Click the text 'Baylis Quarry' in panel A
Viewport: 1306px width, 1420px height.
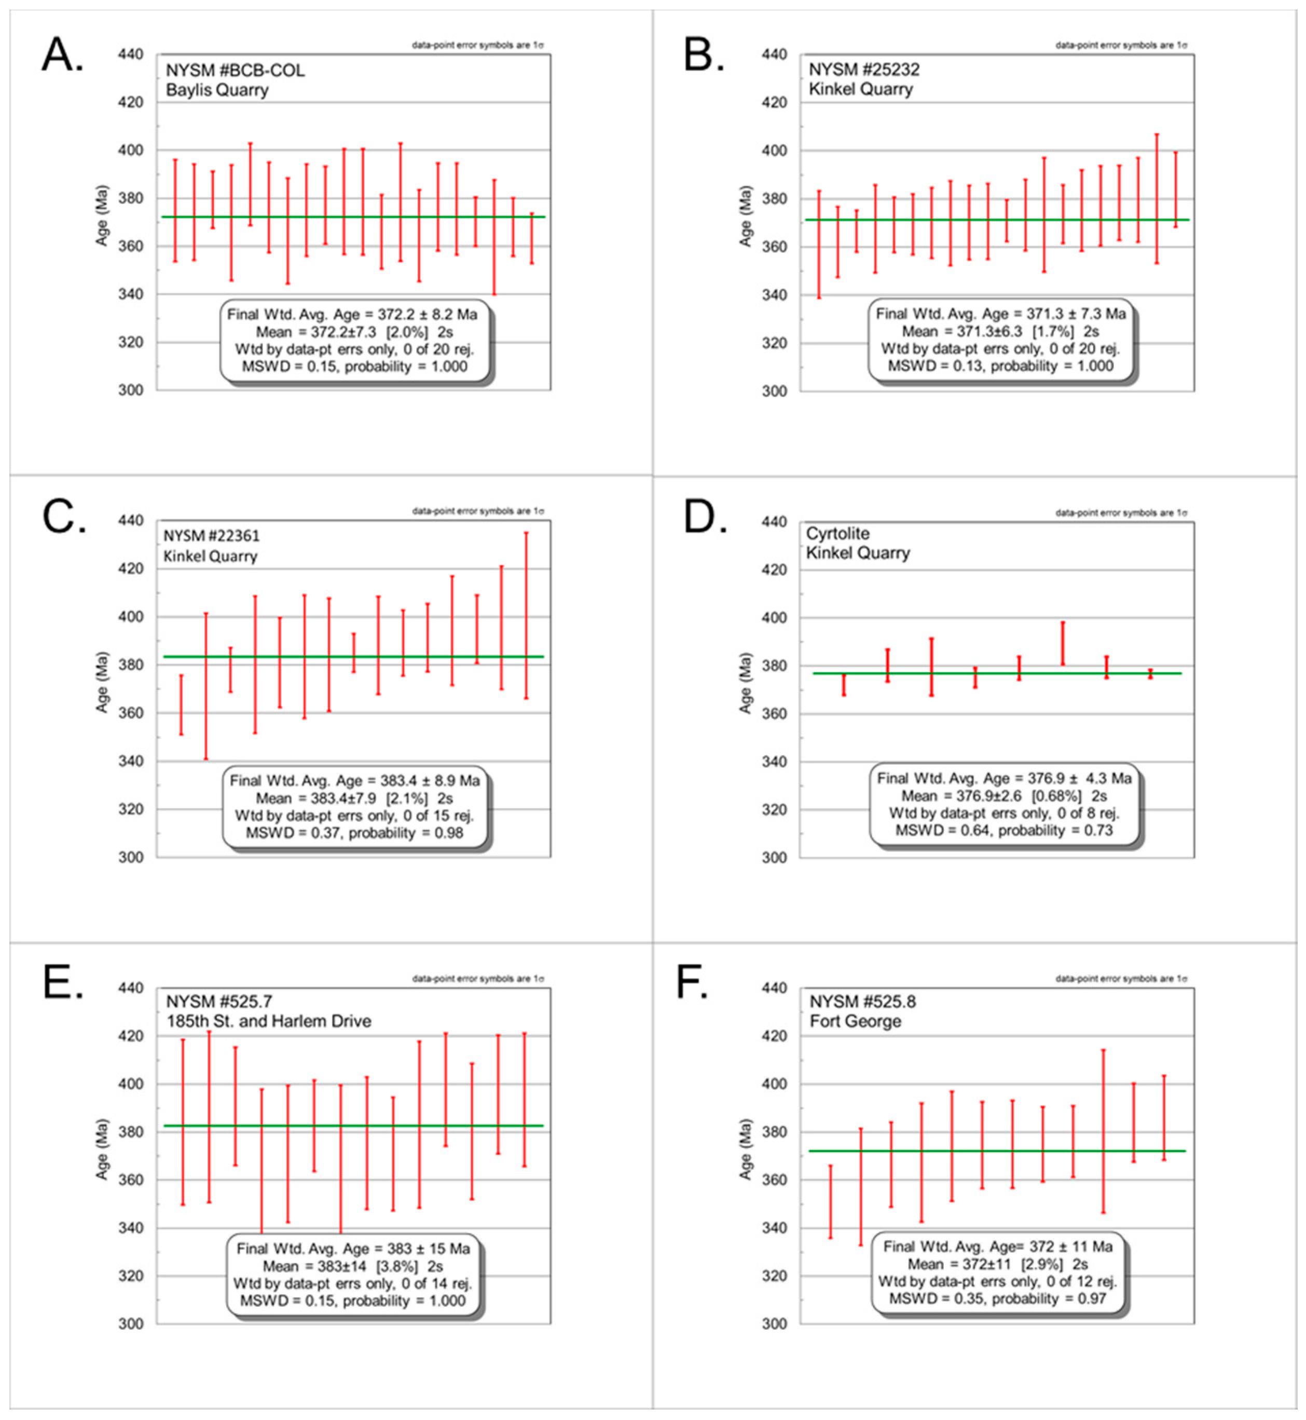click(217, 90)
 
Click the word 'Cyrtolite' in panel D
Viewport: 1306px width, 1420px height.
click(837, 533)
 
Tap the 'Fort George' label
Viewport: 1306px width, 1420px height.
click(855, 1021)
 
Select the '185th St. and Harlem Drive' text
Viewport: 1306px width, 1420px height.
click(269, 1021)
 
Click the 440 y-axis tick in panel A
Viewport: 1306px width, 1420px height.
click(131, 55)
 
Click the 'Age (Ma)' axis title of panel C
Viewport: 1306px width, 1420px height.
click(102, 682)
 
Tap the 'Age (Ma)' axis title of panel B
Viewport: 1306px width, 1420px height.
click(746, 217)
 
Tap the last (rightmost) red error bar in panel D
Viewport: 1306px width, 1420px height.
click(1150, 673)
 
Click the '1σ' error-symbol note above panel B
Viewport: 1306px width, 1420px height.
click(1181, 45)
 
